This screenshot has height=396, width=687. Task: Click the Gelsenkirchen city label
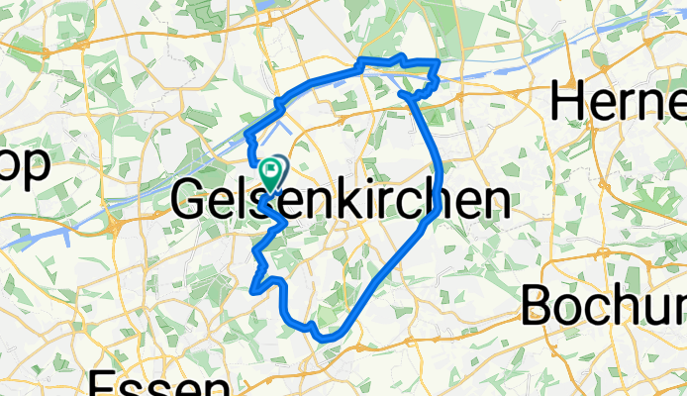click(x=342, y=201)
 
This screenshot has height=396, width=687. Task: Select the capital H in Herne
click(x=569, y=103)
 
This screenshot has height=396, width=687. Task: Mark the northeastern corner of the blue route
click(x=438, y=64)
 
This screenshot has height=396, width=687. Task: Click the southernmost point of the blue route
click(x=327, y=339)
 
